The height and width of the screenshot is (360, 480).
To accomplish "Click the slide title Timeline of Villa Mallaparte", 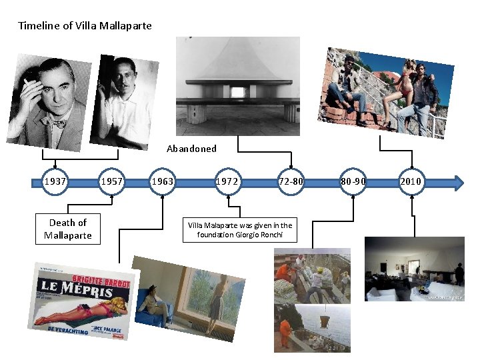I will pos(85,26).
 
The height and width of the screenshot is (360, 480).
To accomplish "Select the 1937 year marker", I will pos(55,182).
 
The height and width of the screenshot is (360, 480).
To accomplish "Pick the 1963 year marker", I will pos(162,182).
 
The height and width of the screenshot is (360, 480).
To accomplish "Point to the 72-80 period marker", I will pos(291,182).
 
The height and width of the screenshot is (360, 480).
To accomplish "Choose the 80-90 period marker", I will pos(353,182).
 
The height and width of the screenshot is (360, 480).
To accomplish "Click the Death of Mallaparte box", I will pos(68,229).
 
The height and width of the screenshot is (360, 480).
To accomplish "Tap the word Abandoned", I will pos(191,149).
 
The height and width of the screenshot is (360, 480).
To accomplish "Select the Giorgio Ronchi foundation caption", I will pos(239,230).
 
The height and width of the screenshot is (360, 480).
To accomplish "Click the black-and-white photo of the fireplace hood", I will pos(238,86).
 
